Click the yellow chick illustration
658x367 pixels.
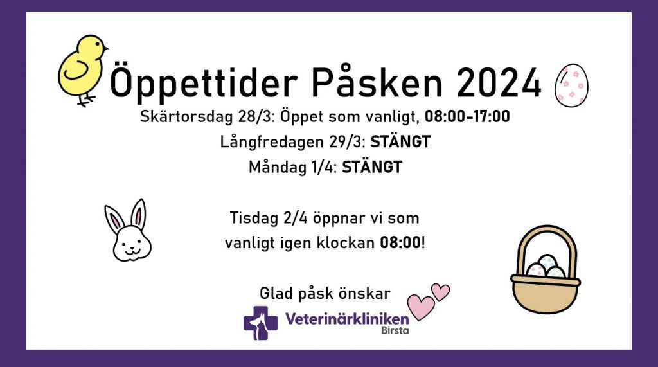pyautogui.click(x=82, y=69)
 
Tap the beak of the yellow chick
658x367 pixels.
pyautogui.click(x=106, y=48)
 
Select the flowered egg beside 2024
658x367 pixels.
pyautogui.click(x=571, y=85)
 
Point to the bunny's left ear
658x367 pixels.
pyautogui.click(x=114, y=219)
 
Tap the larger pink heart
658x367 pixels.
pyautogui.click(x=420, y=307)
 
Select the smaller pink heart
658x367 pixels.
pyautogui.click(x=440, y=292)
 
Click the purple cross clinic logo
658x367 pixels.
pyautogui.click(x=261, y=323)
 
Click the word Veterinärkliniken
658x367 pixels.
pyautogui.click(x=347, y=319)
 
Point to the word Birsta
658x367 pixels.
pyautogui.click(x=395, y=330)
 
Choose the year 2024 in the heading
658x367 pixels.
pyautogui.click(x=499, y=83)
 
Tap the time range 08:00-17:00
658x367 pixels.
pyautogui.click(x=467, y=116)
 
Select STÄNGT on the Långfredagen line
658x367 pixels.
pyautogui.click(x=400, y=141)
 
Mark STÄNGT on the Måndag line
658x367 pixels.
pyautogui.click(x=372, y=166)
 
